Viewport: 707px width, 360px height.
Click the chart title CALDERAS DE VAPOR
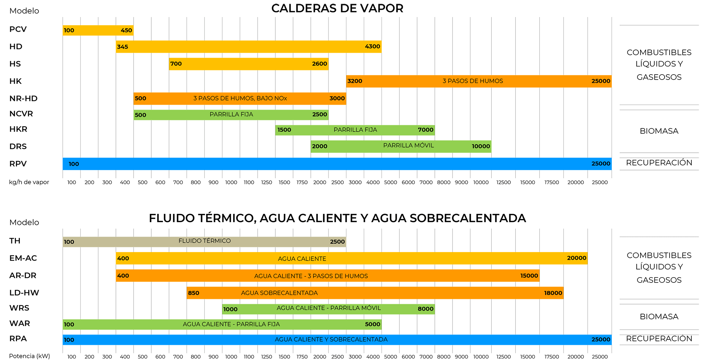pyautogui.click(x=337, y=8)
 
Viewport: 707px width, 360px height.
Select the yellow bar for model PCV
pyautogui.click(x=98, y=30)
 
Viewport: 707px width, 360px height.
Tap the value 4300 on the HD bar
pyautogui.click(x=373, y=47)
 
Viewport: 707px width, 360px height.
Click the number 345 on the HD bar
pyautogui.click(x=123, y=47)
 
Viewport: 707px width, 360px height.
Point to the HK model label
pyautogui.click(x=16, y=81)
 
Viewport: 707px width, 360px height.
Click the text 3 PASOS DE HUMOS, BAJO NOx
pyautogui.click(x=240, y=98)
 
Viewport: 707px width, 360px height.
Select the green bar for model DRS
pyautogui.click(x=401, y=146)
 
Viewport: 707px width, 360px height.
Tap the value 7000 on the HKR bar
pyautogui.click(x=426, y=130)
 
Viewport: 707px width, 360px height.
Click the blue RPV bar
pyautogui.click(x=337, y=164)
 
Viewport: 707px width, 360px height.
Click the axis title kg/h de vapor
pyautogui.click(x=29, y=182)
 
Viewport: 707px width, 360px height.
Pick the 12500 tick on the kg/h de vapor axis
pyautogui.click(x=503, y=182)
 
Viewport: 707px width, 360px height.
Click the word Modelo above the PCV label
pyautogui.click(x=24, y=11)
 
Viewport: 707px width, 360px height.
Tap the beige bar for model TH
pyautogui.click(x=204, y=242)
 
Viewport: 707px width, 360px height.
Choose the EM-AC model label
pyautogui.click(x=23, y=258)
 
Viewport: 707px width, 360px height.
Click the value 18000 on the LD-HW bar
pyautogui.click(x=553, y=293)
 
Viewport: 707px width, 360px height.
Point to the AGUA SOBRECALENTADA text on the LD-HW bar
pyautogui.click(x=279, y=293)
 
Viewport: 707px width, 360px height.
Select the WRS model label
pyautogui.click(x=19, y=308)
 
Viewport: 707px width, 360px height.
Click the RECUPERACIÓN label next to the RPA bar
pyautogui.click(x=659, y=338)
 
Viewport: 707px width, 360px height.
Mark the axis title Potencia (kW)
pyautogui.click(x=29, y=356)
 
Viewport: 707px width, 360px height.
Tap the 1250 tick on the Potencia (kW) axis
pyautogui.click(x=267, y=357)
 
